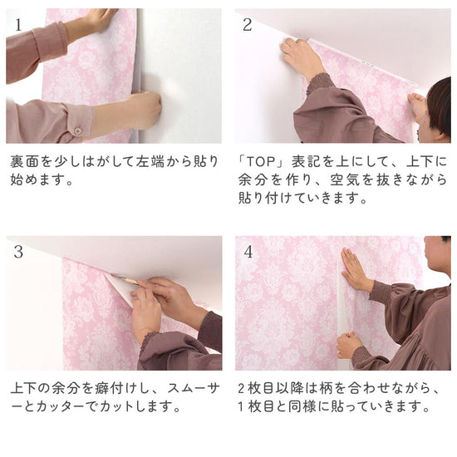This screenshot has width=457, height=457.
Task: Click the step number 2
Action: click(247, 23)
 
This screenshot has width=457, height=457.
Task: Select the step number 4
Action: click(248, 250)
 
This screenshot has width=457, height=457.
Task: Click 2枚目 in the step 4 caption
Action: click(259, 388)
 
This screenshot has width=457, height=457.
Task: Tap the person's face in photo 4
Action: click(438, 258)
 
